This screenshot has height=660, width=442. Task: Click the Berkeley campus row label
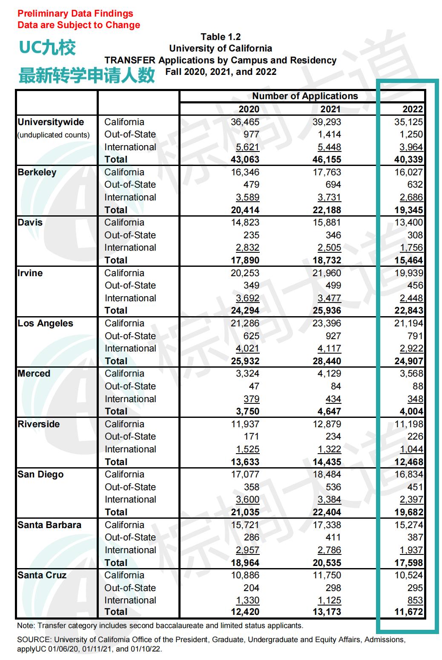pyautogui.click(x=37, y=172)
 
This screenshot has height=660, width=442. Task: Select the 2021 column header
pyautogui.click(x=330, y=109)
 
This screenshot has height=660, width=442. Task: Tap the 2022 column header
pyautogui.click(x=413, y=109)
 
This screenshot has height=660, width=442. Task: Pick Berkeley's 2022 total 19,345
pyautogui.click(x=408, y=210)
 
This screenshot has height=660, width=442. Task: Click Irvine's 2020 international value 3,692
pyautogui.click(x=247, y=298)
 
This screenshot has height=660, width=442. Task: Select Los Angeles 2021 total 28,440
pyautogui.click(x=327, y=361)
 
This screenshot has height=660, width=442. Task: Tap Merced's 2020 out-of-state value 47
pyautogui.click(x=254, y=386)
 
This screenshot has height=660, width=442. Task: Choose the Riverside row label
pyautogui.click(x=39, y=424)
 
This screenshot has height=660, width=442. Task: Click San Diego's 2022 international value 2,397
pyautogui.click(x=411, y=500)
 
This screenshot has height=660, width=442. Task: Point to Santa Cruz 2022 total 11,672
pyautogui.click(x=408, y=612)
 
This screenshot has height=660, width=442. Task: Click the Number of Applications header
pyautogui.click(x=305, y=96)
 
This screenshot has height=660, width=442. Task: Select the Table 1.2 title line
pyautogui.click(x=221, y=37)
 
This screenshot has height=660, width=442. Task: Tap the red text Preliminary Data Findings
pyautogui.click(x=75, y=14)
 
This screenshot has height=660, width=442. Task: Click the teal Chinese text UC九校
pyautogui.click(x=47, y=48)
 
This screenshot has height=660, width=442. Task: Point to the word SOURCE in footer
pyautogui.click(x=34, y=640)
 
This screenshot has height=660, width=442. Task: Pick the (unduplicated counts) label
pyautogui.click(x=53, y=135)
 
